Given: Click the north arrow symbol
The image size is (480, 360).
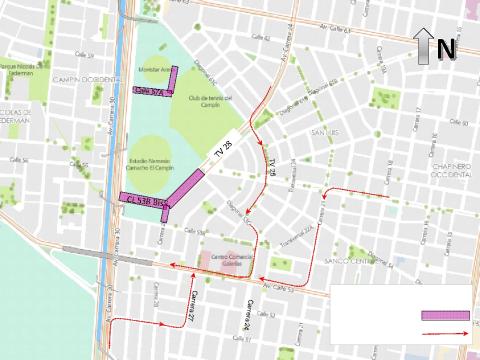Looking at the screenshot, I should tap(424, 45).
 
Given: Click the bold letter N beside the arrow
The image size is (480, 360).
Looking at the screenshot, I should tap(446, 47).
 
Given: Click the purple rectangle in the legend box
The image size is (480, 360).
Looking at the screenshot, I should tap(444, 314).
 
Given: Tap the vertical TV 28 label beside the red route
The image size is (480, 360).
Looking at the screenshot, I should tap(271, 165).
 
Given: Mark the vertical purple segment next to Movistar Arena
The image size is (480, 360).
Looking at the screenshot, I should tap(173, 78).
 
